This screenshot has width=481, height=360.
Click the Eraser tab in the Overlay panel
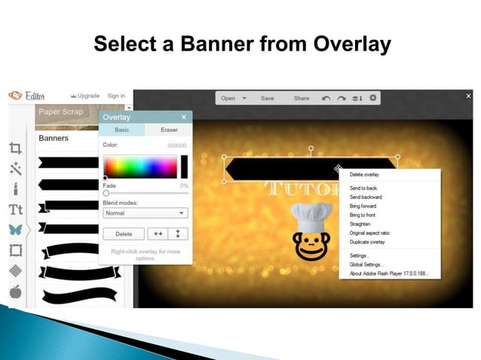(169, 130)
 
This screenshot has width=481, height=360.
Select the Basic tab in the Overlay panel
(121, 130)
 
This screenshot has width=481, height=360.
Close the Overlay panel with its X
(184, 117)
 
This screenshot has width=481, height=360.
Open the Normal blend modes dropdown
(146, 213)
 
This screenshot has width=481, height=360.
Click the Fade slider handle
(106, 194)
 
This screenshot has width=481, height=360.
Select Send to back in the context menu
(363, 188)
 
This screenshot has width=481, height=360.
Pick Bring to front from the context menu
(363, 215)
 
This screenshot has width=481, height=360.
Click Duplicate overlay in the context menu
(367, 242)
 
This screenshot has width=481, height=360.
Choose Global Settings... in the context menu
(366, 264)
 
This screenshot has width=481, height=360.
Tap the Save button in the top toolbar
(268, 98)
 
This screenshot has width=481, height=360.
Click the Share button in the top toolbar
(302, 98)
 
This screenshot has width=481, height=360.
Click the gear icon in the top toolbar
(373, 98)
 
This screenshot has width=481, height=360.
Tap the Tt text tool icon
(15, 209)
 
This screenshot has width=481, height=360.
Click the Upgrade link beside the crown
(89, 96)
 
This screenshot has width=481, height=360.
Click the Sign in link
(116, 96)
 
